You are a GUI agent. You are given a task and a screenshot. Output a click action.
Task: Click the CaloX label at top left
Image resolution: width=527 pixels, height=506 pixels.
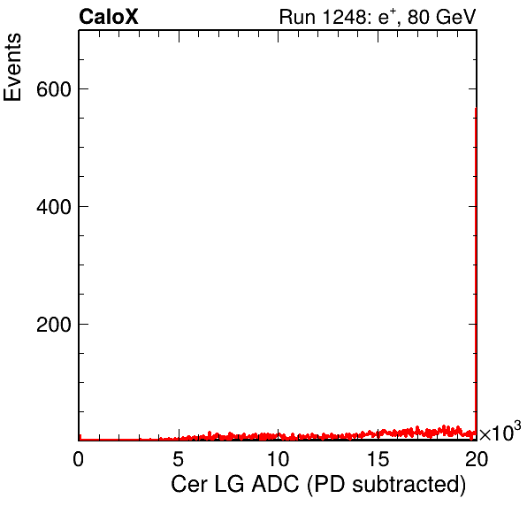(109, 17)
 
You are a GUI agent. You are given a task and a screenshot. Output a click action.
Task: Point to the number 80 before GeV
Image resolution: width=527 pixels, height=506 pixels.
(419, 17)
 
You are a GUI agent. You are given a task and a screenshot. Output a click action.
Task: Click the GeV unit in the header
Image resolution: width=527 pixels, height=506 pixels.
(456, 17)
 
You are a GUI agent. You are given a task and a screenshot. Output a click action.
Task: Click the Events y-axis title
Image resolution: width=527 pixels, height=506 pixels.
(12, 67)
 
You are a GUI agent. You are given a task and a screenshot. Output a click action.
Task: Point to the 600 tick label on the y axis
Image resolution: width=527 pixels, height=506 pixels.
(54, 89)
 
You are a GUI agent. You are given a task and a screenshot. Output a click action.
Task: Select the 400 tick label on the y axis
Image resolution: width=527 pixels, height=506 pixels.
(54, 207)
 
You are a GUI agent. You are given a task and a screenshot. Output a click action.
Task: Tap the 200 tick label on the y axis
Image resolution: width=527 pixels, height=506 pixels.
(54, 325)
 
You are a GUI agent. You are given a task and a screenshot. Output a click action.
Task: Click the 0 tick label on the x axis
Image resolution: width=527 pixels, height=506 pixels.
(79, 458)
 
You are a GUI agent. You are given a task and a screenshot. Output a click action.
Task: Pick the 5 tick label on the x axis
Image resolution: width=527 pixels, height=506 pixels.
(178, 458)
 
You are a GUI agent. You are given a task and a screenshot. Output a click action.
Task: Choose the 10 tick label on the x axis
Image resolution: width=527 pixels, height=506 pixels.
(278, 458)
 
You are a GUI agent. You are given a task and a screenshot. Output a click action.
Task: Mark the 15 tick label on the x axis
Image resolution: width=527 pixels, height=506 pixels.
(378, 458)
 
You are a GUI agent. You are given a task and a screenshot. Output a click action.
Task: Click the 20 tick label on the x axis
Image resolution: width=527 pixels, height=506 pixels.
(477, 458)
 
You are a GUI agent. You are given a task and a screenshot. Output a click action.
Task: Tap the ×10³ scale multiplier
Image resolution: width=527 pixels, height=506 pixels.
(500, 431)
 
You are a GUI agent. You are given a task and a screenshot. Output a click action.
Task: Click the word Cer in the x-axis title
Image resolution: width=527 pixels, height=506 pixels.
(189, 485)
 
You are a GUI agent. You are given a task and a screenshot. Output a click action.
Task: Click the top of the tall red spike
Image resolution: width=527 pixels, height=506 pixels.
(476, 109)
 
